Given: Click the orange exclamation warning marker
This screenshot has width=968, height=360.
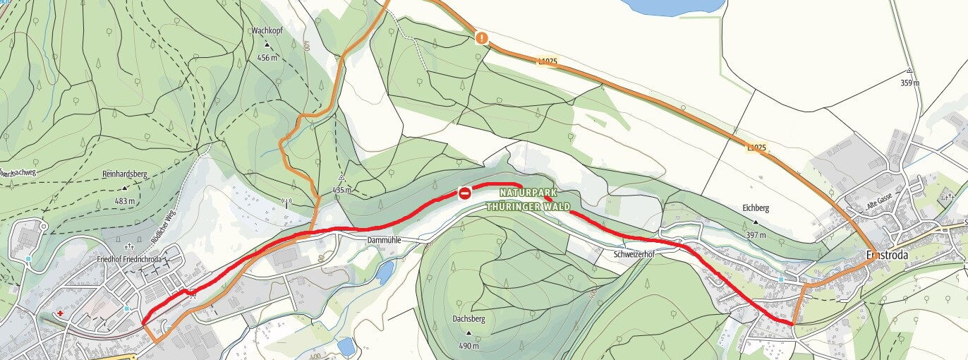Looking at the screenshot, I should click(481, 38).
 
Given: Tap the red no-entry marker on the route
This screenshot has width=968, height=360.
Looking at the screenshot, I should click(464, 193).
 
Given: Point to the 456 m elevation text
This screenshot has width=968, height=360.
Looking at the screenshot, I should click(267, 58).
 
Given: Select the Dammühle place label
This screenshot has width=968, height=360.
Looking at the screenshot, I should click(384, 241).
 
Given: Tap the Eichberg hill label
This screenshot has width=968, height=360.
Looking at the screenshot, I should click(755, 208).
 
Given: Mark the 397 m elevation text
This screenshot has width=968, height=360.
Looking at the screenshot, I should click(755, 235).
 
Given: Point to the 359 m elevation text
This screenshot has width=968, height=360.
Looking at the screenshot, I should click(910, 83).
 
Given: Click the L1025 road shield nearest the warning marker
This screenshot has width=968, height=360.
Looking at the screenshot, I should click(547, 62).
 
